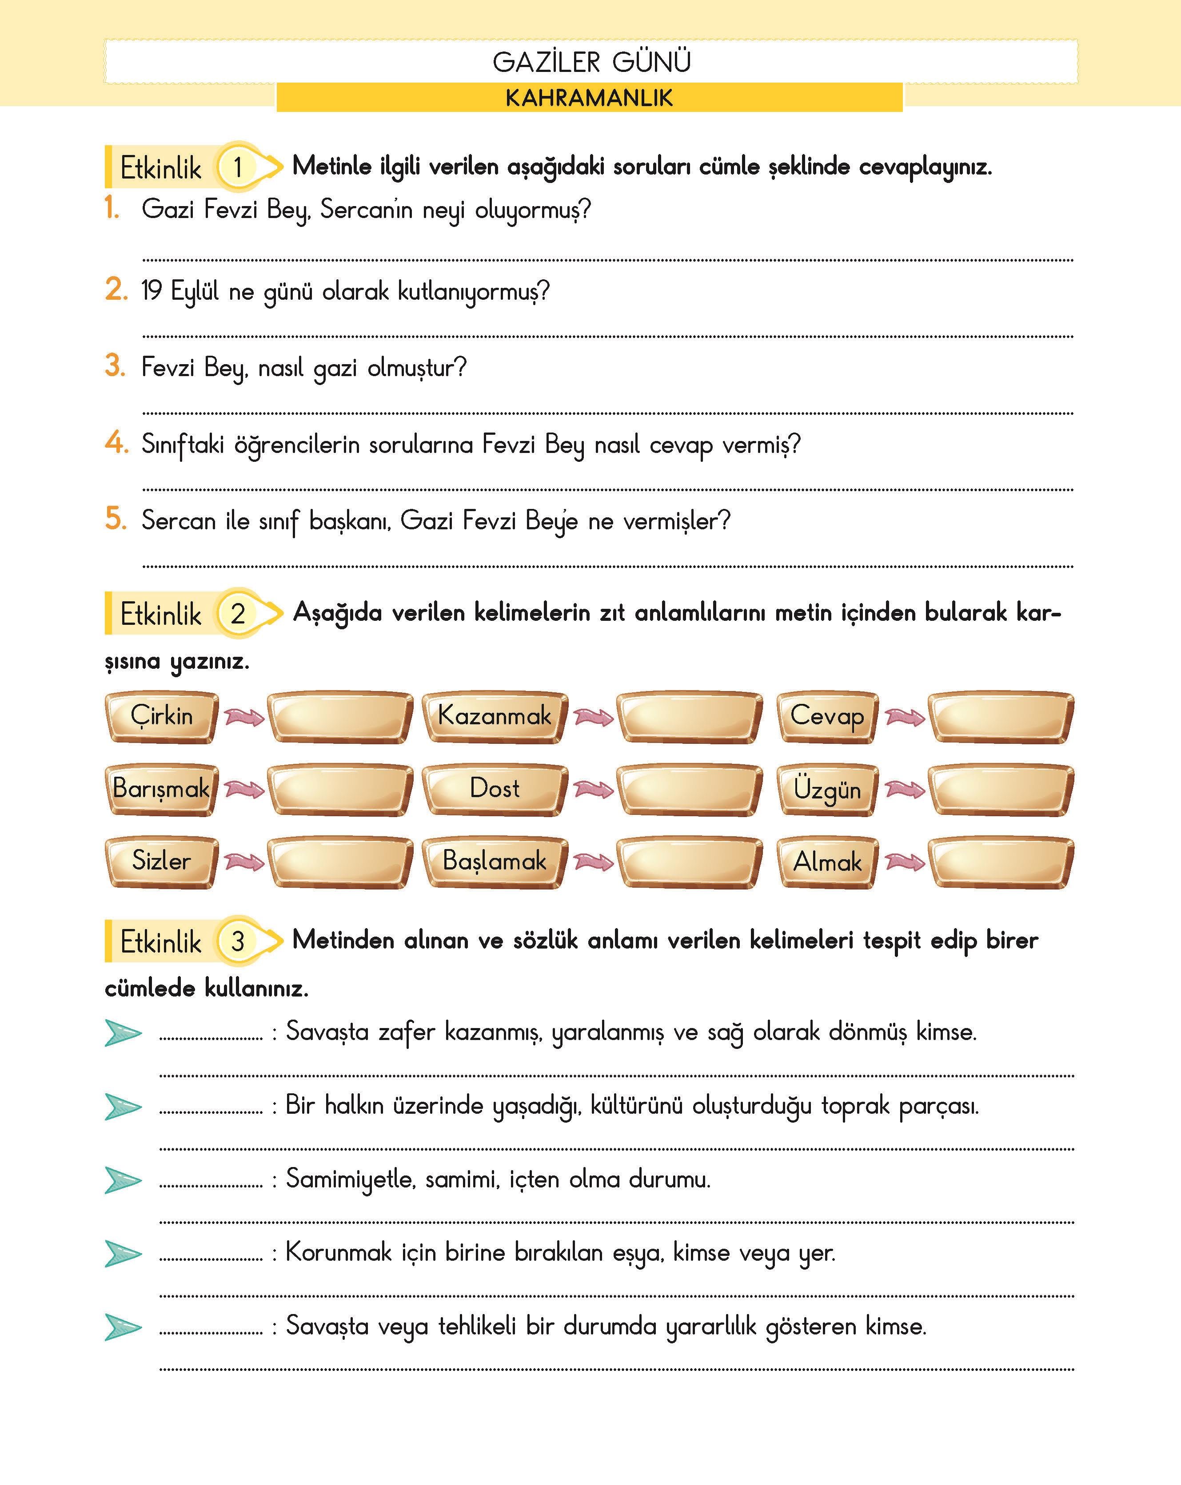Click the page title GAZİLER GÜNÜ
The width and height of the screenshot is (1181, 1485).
(x=591, y=62)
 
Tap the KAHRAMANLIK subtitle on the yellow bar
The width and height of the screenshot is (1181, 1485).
(x=589, y=98)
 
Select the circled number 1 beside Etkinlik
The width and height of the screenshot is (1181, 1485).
(x=238, y=167)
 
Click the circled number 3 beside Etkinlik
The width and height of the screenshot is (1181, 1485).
(x=238, y=941)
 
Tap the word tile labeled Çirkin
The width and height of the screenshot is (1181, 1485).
(x=161, y=716)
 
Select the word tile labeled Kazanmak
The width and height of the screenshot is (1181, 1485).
(x=494, y=716)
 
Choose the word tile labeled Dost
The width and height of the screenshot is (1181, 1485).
(x=494, y=789)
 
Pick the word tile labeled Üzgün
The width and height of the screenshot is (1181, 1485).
(x=827, y=789)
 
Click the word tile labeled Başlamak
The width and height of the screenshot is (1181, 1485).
(x=494, y=861)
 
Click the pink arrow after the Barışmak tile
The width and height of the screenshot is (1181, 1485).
(x=244, y=789)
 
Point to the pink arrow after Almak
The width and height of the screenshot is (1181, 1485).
(x=905, y=861)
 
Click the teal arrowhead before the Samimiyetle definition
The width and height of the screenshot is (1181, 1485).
(x=123, y=1180)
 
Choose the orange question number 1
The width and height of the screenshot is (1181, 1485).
(x=112, y=207)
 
